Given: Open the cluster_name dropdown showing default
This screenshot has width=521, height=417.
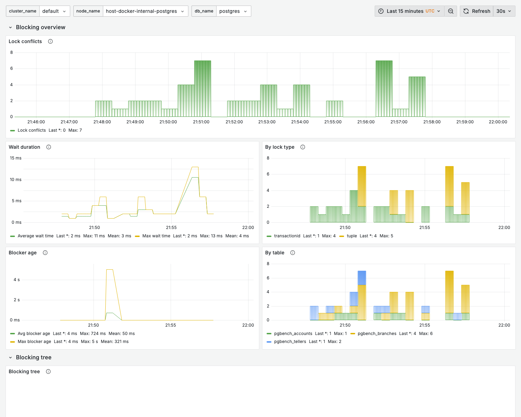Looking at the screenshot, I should coord(54,11).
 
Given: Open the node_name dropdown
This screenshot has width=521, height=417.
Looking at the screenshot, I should coord(145,11).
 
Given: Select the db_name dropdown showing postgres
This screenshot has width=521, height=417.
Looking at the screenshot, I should coord(233,11).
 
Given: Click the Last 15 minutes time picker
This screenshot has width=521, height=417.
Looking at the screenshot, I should coord(409,11).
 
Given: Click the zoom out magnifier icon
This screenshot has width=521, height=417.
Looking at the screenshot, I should coord(451,11).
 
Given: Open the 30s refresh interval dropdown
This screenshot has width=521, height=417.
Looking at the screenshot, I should coord(504,11).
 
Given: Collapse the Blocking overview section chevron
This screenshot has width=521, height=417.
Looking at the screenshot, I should coord(10,27).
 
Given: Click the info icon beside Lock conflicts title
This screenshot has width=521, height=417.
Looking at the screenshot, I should coord(50,41).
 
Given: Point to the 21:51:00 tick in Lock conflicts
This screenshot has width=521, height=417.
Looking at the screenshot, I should coord(201,122).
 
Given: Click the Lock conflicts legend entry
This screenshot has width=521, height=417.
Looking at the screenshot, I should coord(31,130).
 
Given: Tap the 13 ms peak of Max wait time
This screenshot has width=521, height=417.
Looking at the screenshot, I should coord(195,167).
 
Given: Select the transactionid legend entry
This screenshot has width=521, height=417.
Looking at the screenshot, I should coord(287,236).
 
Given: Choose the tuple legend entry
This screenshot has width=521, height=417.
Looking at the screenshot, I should coord(351,236).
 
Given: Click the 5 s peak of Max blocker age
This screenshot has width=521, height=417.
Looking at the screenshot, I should coord(109,270).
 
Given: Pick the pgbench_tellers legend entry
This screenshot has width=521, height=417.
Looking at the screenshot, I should coord(290,342).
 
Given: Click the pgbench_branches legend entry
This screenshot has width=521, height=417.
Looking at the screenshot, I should coord(377,334).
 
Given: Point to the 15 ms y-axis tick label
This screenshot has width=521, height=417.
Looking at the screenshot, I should coord(16,158).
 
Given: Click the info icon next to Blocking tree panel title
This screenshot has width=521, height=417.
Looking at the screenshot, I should coord(48,371).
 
